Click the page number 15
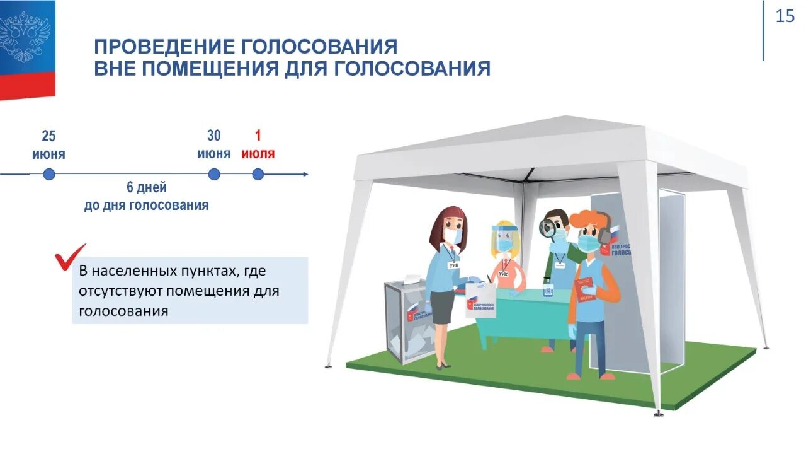tap(785, 16)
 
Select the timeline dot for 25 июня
tap(49, 174)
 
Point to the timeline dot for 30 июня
tap(214, 174)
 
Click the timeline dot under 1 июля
tap(258, 174)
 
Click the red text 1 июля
tap(258, 145)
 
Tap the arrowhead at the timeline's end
tap(305, 174)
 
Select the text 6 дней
tap(147, 187)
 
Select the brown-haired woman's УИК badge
tap(454, 265)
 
